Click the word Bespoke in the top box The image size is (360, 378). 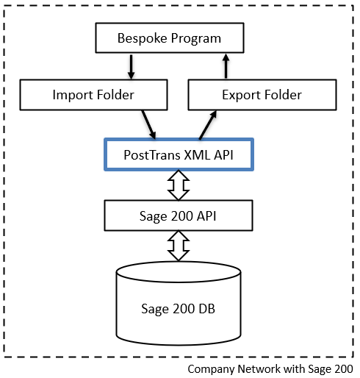point(143,38)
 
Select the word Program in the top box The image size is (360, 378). point(196,39)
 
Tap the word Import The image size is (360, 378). point(73,96)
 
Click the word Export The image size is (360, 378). point(241,96)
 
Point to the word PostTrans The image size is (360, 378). point(152,155)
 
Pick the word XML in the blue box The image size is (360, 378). point(197,155)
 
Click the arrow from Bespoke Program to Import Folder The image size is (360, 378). point(132,67)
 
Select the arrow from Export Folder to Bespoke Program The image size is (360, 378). point(226,66)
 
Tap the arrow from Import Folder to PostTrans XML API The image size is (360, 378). point(148,125)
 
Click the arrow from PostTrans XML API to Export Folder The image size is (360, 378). point(208,125)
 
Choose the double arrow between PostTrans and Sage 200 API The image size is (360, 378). point(179,185)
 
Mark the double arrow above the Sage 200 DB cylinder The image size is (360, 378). point(179,246)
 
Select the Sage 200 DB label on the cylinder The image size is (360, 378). point(178,309)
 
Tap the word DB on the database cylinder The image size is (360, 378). point(206,309)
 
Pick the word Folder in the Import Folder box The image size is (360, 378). point(115,95)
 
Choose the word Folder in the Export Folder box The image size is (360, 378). point(283,95)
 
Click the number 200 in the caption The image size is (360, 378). point(343,369)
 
